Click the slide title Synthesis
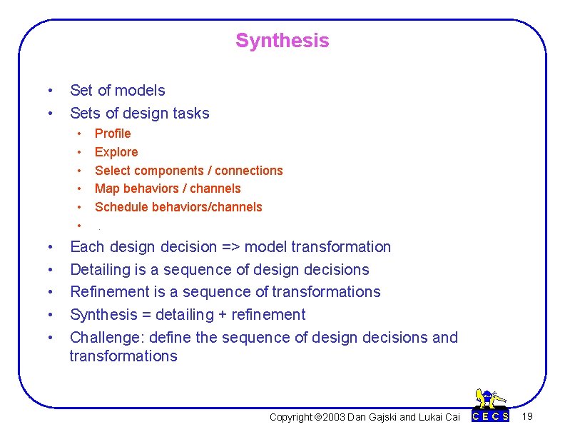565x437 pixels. point(282,41)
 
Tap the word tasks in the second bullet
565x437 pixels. point(190,114)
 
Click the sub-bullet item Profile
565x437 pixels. point(113,134)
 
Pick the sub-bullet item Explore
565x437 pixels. point(116,152)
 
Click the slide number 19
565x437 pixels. point(527,416)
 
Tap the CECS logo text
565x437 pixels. point(491,416)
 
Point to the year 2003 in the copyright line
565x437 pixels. point(333,417)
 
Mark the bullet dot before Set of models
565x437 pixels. point(49,91)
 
